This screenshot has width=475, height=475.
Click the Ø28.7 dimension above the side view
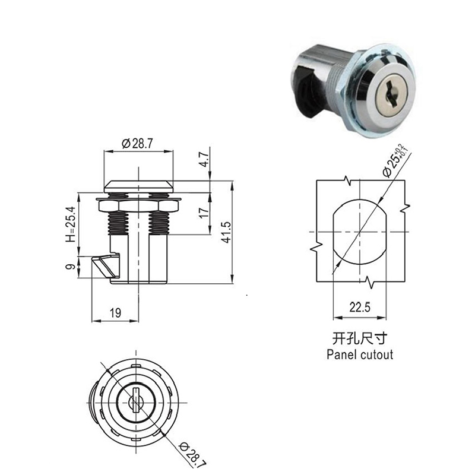pos(138,143)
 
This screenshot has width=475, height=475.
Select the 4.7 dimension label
pos(205,159)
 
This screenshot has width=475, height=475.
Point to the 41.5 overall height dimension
pos(226,232)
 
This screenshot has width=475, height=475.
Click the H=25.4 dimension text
pos(70,224)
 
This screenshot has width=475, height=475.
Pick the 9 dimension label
pos(70,267)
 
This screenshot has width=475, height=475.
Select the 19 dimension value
pos(115,313)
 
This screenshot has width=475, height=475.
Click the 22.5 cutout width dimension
pos(360,308)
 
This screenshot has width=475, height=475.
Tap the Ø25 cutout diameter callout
pos(395,160)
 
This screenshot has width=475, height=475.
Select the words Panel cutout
pos(360,354)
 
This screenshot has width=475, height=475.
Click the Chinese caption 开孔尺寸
pos(360,338)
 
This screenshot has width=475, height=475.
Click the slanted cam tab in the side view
pos(104,266)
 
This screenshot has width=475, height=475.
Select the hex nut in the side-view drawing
pos(138,206)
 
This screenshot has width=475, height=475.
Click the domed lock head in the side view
pos(139,186)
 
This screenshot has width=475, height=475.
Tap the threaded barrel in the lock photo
pos(336,85)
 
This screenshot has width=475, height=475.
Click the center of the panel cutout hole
pos(360,232)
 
